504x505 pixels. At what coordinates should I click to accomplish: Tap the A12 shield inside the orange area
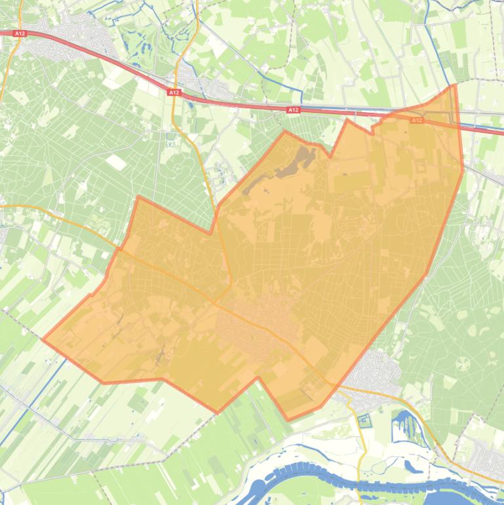(417, 121)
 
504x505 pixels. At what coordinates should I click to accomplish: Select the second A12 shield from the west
(174, 93)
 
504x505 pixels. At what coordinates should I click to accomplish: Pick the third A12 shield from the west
(293, 110)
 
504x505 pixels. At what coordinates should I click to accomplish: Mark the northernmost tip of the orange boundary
(453, 85)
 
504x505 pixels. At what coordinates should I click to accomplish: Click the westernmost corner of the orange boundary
(43, 339)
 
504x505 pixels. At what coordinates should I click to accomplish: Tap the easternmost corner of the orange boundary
(463, 169)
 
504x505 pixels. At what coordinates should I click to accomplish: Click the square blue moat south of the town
(364, 420)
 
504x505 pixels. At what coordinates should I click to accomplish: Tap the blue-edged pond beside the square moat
(401, 426)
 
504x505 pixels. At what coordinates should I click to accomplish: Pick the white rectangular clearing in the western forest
(117, 161)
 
